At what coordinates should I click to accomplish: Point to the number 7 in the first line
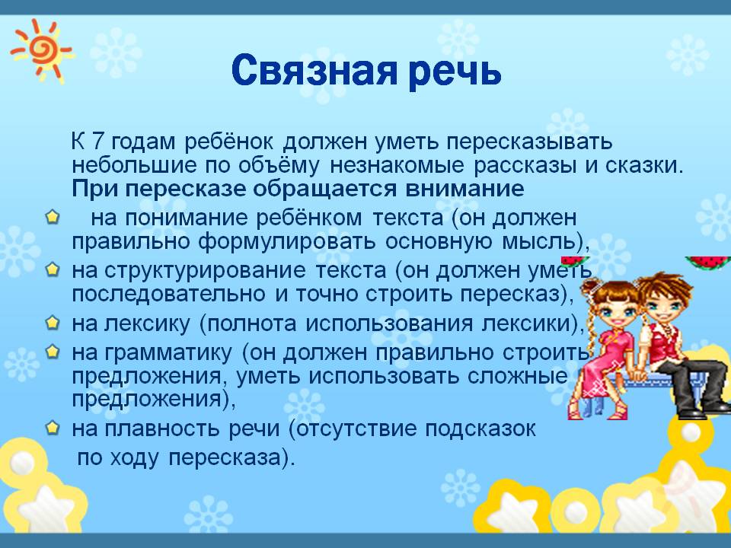tap(97, 142)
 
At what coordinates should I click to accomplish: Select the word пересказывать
tap(529, 142)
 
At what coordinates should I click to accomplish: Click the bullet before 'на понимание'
tap(53, 217)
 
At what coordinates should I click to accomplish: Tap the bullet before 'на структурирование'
tap(53, 269)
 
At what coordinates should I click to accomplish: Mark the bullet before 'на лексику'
tap(53, 323)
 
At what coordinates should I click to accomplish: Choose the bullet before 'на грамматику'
tap(53, 352)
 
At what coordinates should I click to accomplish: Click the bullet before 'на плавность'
tap(53, 427)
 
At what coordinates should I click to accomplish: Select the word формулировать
tap(287, 242)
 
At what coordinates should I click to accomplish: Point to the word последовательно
tap(169, 295)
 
